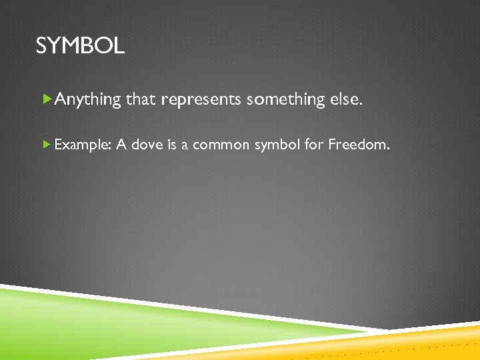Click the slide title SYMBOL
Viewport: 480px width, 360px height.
pos(79,46)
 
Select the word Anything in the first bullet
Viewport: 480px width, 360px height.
pos(88,99)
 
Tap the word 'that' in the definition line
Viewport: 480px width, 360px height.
pos(141,99)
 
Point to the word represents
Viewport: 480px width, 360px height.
pos(201,100)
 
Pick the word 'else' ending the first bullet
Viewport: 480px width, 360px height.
pos(345,99)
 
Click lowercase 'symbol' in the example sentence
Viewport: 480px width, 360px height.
pos(275,144)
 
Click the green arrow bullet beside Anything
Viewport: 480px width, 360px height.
pos(47,99)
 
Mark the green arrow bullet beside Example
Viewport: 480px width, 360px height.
pos(46,143)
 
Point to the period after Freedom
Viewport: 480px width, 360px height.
pos(387,147)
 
